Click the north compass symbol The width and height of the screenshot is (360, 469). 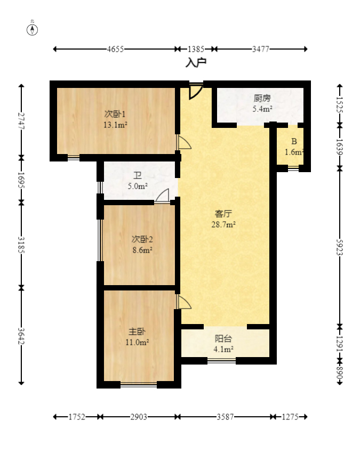33,30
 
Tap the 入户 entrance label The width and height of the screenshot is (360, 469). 196,62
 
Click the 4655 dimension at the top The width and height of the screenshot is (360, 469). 115,49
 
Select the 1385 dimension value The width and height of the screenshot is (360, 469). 196,49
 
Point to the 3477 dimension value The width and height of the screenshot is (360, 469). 261,49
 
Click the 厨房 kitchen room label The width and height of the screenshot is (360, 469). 262,98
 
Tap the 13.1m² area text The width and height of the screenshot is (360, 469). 116,125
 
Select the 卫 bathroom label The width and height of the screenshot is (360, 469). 138,175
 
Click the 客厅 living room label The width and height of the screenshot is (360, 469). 223,214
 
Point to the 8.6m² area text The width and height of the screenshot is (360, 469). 142,250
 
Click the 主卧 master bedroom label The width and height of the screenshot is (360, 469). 137,331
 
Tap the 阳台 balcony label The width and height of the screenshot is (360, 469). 223,338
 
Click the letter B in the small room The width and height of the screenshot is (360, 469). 294,141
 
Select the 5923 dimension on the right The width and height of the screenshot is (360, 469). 340,247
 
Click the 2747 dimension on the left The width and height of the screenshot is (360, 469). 21,121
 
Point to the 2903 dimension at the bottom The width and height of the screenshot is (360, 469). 139,417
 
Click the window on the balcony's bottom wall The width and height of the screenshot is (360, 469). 222,361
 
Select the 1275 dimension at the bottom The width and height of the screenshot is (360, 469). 290,417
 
